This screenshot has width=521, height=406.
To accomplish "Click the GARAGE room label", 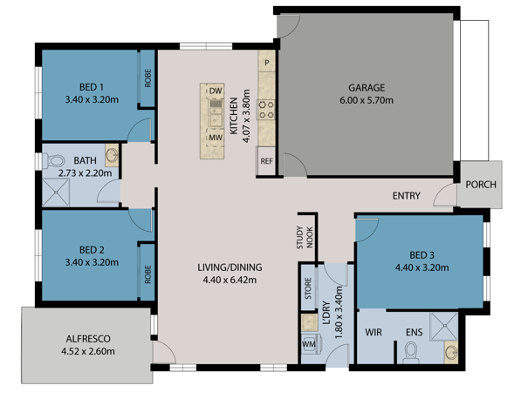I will [366, 88].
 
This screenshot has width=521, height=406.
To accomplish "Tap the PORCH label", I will [481, 185].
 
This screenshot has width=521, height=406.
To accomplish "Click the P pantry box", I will [267, 64].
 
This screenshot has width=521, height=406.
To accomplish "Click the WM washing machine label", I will [308, 344].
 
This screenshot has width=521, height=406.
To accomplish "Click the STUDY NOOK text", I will [304, 237].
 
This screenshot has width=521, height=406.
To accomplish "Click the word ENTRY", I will [407, 195].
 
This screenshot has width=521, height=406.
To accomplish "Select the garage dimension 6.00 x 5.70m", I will [366, 100].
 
